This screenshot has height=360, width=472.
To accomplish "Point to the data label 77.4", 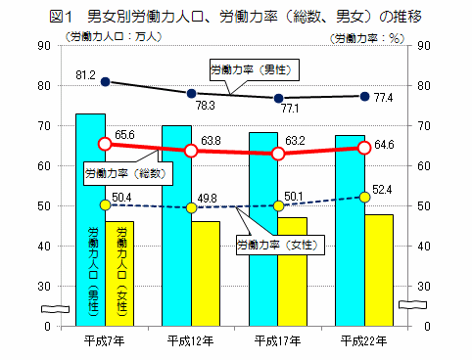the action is click(x=383, y=98).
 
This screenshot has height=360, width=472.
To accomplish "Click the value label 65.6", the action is click(x=124, y=135).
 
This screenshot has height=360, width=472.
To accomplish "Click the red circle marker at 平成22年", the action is click(x=364, y=148).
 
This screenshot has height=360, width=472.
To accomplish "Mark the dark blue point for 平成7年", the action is click(x=105, y=82).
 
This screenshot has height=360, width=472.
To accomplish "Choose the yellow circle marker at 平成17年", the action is click(x=278, y=206).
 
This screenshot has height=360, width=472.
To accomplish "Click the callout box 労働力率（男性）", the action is click(x=254, y=68).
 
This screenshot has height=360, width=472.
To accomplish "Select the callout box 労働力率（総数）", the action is click(x=124, y=173).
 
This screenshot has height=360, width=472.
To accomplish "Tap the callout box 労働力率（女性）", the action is click(x=278, y=244).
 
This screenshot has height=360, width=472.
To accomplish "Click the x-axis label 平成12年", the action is click(x=191, y=339).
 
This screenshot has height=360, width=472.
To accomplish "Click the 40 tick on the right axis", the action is click(x=423, y=246).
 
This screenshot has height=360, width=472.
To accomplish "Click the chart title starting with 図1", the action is click(x=235, y=15).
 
